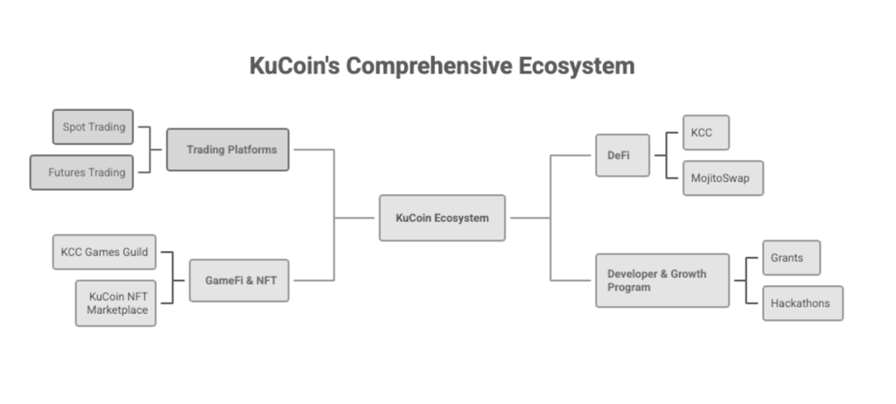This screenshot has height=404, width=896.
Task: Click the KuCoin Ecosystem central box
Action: (442, 218)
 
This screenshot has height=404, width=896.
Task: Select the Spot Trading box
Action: (94, 127)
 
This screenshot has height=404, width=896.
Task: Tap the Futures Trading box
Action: (82, 172)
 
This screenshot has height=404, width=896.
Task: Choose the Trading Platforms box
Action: (227, 150)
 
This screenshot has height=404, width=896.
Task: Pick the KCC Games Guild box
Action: (104, 252)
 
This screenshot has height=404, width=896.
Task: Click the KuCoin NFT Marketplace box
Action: (115, 303)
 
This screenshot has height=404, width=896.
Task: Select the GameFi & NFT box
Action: (239, 280)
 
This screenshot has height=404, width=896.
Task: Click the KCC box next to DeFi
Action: (705, 132)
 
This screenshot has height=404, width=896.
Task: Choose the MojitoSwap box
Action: (722, 178)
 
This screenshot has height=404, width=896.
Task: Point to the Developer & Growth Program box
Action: (661, 280)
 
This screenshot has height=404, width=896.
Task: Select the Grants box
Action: (791, 258)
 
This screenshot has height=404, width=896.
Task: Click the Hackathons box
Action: (802, 303)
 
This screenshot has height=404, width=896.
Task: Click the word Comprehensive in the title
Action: (434, 66)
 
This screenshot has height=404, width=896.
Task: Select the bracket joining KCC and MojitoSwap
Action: (668, 155)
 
